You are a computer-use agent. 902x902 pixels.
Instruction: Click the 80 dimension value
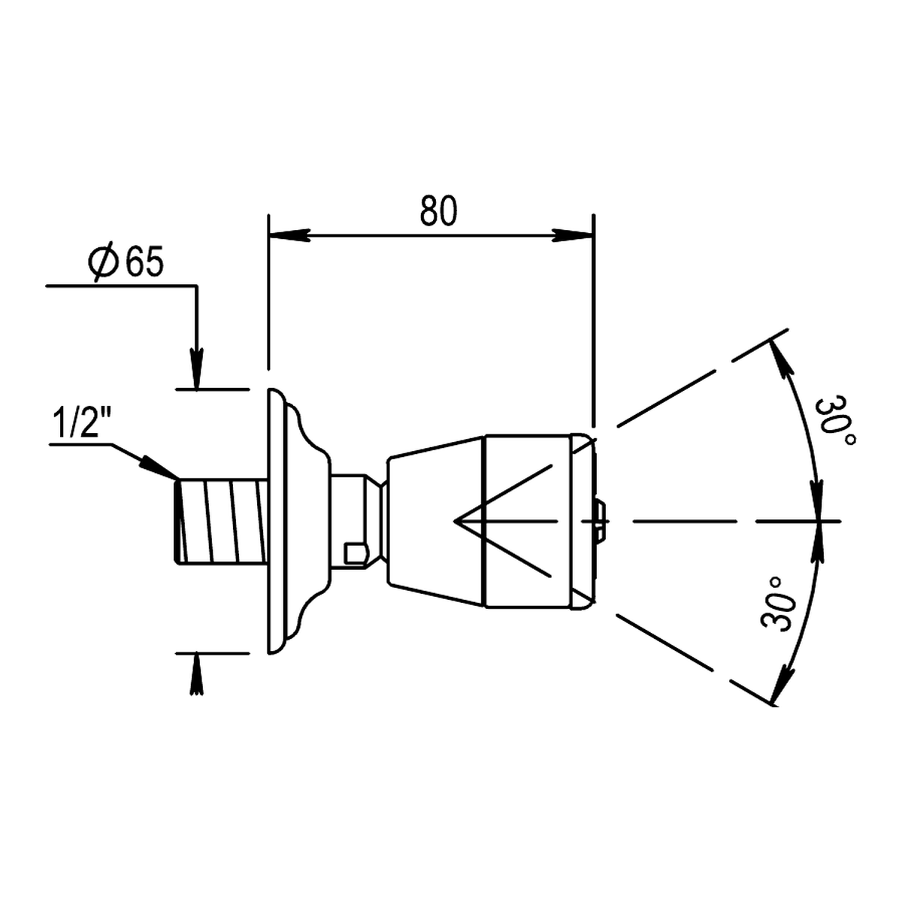pyautogui.click(x=437, y=211)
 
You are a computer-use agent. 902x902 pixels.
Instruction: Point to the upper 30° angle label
pyautogui.click(x=835, y=422)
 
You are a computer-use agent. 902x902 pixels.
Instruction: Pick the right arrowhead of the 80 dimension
pyautogui.click(x=572, y=235)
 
